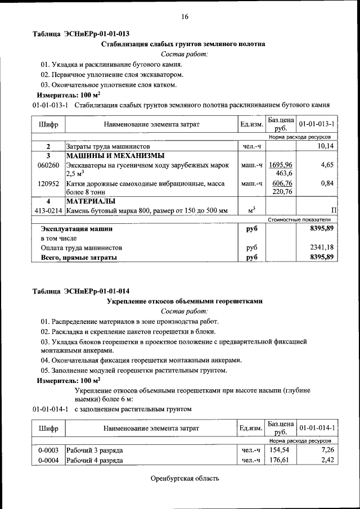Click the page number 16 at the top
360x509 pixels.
click(184, 16)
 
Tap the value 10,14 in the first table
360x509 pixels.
click(325, 146)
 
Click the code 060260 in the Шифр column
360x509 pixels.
click(48, 165)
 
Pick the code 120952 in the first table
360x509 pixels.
click(48, 183)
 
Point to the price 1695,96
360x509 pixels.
click(281, 165)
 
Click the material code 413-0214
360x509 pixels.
click(48, 210)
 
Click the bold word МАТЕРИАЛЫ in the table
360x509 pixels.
click(91, 201)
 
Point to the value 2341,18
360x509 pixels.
click(322, 247)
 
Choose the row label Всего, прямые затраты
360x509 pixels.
click(79, 257)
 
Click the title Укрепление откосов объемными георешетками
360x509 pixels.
click(184, 301)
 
